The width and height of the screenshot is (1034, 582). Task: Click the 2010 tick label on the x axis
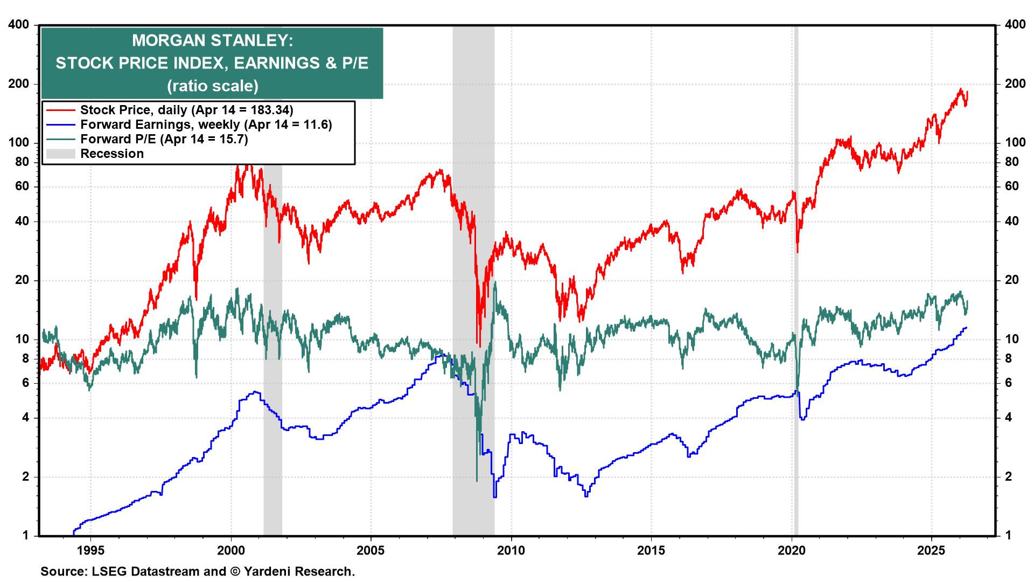(511, 551)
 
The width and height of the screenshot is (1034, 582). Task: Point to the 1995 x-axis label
(90, 551)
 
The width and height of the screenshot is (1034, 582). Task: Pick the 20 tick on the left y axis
(22, 280)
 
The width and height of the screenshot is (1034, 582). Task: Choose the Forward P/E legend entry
(164, 139)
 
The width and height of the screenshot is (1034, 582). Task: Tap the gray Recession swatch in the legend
(60, 154)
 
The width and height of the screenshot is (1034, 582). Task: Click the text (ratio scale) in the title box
(212, 86)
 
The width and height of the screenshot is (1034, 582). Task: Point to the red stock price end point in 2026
(967, 92)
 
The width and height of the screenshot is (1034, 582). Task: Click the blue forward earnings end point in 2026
(967, 328)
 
